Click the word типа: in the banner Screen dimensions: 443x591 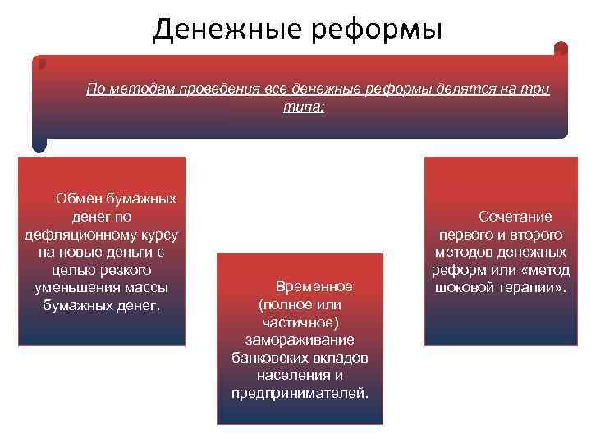pos(304,107)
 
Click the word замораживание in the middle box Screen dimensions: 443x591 pos(300,340)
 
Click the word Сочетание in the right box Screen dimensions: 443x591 pos(515,216)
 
